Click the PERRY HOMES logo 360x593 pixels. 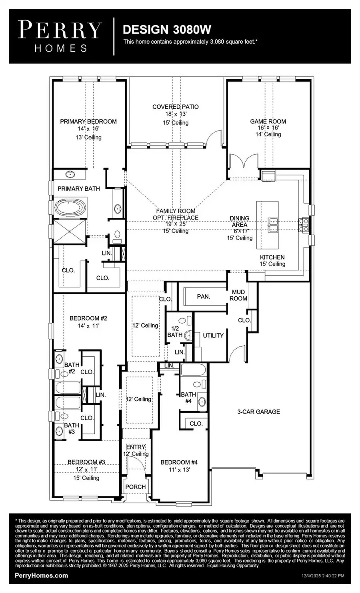coord(60,36)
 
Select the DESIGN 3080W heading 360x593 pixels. coord(167,29)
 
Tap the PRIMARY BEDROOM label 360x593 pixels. coord(88,122)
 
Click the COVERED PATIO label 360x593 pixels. coord(175,107)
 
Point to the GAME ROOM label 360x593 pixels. coord(268,122)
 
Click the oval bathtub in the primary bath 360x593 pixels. coord(70,208)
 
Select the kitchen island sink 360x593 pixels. coord(274,225)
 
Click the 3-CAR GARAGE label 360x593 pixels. coord(258,411)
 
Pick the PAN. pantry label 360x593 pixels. coord(204,297)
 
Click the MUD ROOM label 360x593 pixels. coord(238,295)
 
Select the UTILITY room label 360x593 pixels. coord(213,335)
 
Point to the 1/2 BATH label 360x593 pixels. coord(175,331)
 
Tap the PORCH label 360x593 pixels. coord(136,487)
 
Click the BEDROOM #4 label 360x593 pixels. coord(179,462)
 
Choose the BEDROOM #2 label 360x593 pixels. coord(88,318)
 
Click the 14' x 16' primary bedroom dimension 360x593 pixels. coord(88,129)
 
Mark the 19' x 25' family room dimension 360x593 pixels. coord(176,224)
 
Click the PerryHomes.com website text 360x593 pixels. coord(41,576)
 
